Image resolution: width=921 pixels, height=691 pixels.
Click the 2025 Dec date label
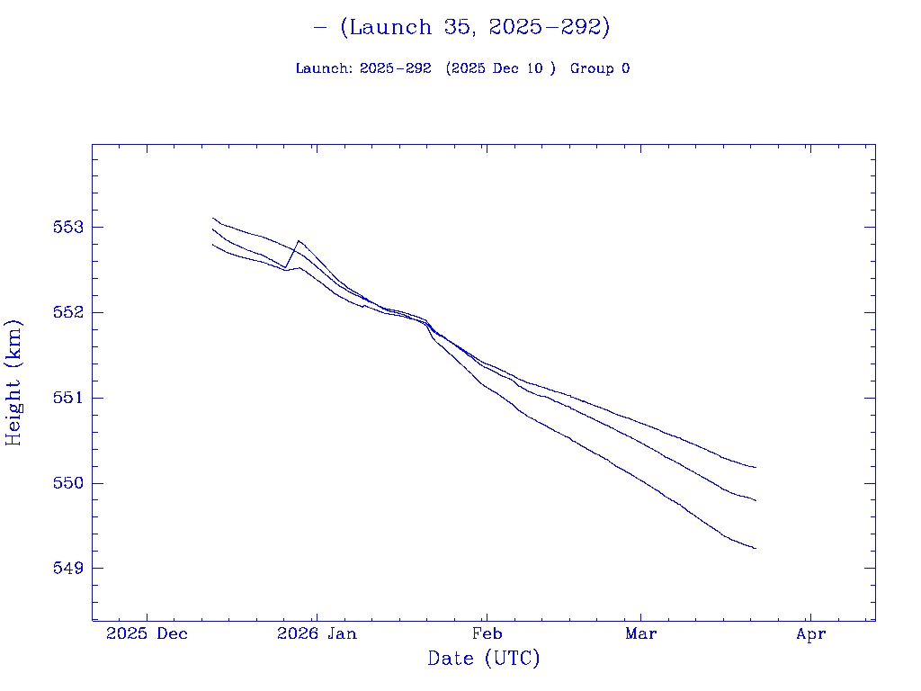coord(148,633)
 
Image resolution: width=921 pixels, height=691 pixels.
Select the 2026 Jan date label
coord(317,633)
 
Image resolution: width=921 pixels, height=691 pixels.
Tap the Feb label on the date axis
coord(487,633)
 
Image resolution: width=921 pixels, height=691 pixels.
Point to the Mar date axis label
coord(641,633)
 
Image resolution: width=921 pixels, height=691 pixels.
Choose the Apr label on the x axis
coord(811,633)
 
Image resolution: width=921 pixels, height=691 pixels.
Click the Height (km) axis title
coord(13,381)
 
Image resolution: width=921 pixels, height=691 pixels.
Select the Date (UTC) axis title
coord(484,659)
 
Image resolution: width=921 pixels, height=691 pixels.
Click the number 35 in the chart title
coord(457,27)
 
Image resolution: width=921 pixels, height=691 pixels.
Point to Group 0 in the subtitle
coord(600,68)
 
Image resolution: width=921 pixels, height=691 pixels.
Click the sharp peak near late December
coord(298,240)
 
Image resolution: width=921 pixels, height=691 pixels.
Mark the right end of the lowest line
coord(756,548)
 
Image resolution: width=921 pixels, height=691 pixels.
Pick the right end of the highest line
coord(756,467)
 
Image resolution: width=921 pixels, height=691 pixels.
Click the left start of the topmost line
coord(212,218)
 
